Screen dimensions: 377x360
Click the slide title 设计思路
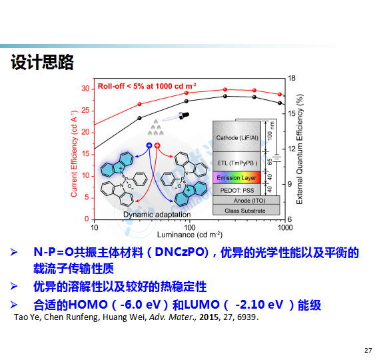pos(42,62)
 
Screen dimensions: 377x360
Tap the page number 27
pos(368,351)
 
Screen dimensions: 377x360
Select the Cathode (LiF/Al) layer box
pos(237,136)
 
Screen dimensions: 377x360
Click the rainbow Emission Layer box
pos(237,177)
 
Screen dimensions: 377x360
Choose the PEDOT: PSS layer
pos(237,190)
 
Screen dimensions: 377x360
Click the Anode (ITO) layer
pos(246,200)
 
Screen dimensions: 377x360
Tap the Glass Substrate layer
pos(246,210)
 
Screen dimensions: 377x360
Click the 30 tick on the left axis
pos(85,89)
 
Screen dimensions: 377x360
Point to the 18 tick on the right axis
pos(292,78)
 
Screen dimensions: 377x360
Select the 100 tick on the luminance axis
pos(189,227)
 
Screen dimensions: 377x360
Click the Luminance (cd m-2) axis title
pos(190,235)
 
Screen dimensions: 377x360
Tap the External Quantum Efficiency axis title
pos(300,149)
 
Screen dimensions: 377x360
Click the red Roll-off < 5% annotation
pos(147,86)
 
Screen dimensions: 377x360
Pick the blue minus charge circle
pos(149,145)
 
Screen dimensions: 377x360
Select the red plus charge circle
pos(157,145)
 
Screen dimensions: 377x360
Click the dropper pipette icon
pos(176,117)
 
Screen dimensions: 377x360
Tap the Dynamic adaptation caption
pos(157,215)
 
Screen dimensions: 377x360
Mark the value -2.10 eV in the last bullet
pos(259,305)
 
